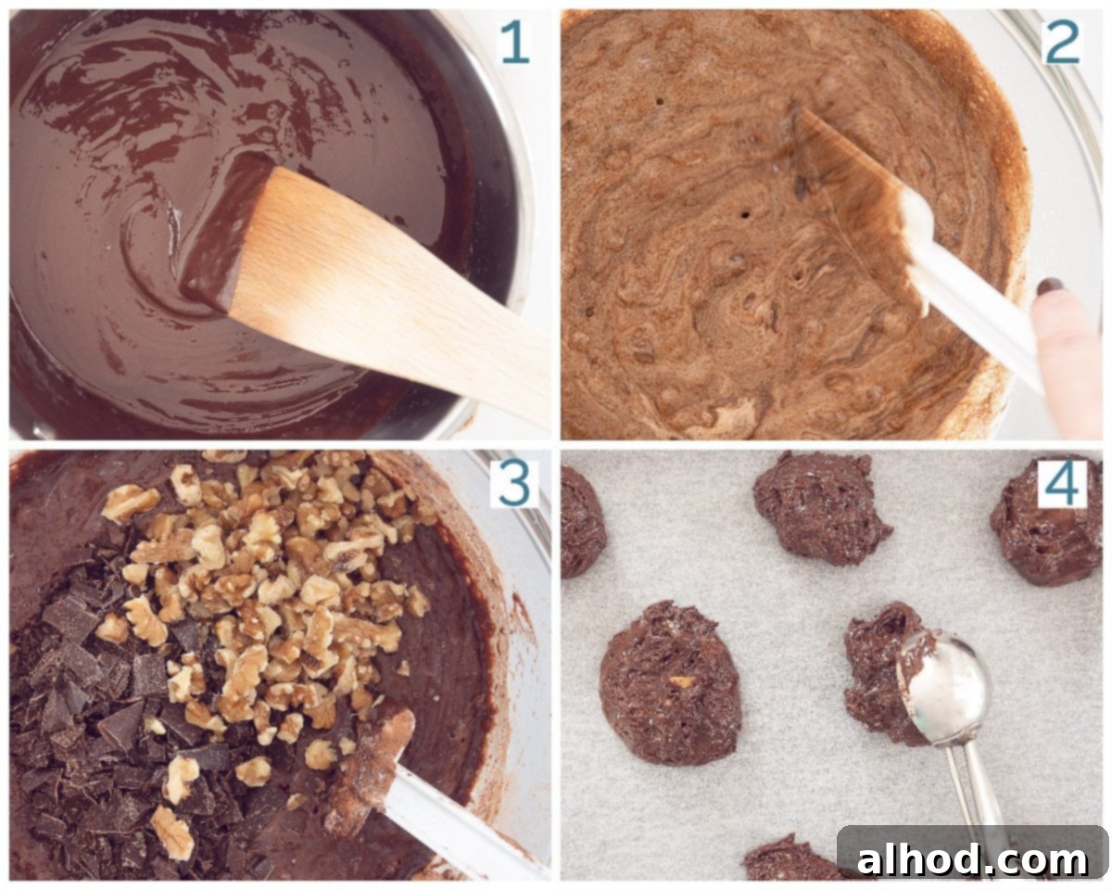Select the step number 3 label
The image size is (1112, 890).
point(514,484)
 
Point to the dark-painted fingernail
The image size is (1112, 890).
point(1050,287)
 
